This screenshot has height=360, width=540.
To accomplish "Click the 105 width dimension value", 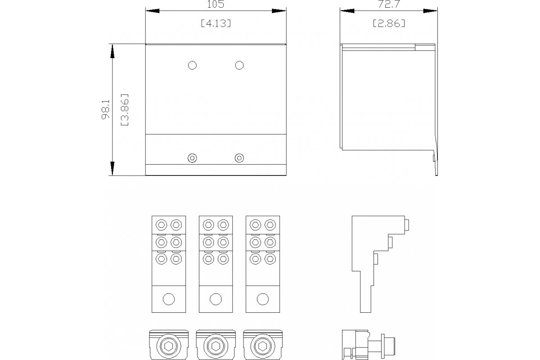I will point(216,4).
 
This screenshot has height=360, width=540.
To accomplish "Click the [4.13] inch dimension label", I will point(216,23).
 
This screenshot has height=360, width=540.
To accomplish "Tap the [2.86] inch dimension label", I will point(389,23).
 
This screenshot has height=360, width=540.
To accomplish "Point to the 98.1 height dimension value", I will point(105,109).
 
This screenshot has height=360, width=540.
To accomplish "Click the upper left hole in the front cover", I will point(192,65).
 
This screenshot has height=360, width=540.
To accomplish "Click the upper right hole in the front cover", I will point(239,65).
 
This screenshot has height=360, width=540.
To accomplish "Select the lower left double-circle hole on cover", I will point(192,158).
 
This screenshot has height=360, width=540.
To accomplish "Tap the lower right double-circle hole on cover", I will point(239,158).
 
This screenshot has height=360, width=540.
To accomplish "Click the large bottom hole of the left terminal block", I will point(169,299).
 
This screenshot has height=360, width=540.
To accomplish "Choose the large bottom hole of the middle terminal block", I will point(216,299).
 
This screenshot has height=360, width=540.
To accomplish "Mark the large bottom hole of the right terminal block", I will point(262,299).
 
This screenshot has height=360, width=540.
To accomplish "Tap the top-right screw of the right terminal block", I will point(270,225).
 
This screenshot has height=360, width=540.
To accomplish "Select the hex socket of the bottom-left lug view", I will point(167,346).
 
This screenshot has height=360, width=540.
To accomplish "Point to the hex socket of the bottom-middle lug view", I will point(215,346).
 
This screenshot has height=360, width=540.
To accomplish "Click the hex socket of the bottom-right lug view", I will point(261,346).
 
